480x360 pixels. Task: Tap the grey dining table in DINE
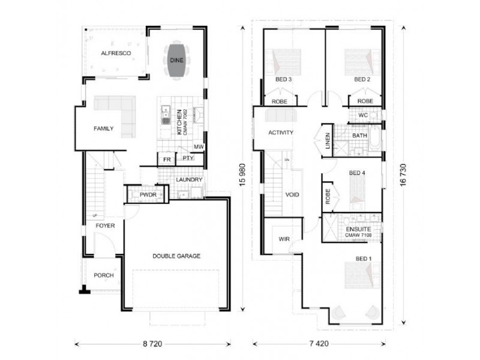[176, 60]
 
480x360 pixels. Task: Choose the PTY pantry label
[188, 158]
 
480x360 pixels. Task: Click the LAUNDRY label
[189, 179]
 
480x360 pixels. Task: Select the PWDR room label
[148, 195]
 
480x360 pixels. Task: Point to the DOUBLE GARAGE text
[176, 256]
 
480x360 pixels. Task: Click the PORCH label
[103, 276]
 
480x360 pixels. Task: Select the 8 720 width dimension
[152, 344]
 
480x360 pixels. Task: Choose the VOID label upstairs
[292, 195]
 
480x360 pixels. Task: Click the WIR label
[284, 239]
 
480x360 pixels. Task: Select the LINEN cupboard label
[327, 142]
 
